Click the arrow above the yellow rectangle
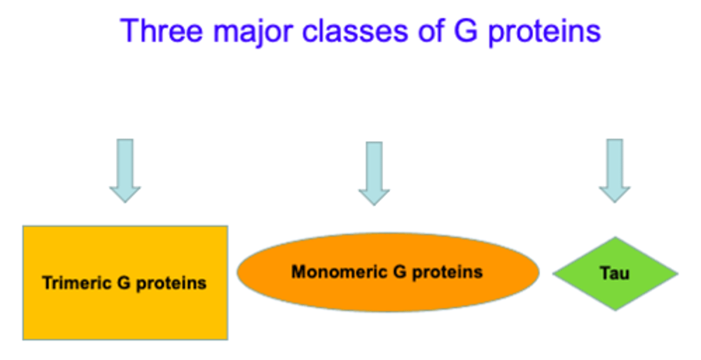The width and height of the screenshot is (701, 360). [125, 170]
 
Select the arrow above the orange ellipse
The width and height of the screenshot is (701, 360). [374, 173]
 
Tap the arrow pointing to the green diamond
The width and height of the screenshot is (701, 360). [614, 170]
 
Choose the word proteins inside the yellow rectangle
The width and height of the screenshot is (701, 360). [171, 283]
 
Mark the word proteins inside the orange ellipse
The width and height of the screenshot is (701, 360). [447, 272]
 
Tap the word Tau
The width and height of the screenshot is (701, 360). [615, 273]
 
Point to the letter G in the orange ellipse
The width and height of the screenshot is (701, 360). [400, 271]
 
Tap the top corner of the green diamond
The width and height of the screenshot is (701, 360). [615, 238]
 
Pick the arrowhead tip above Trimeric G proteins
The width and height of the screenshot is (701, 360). [125, 201]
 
